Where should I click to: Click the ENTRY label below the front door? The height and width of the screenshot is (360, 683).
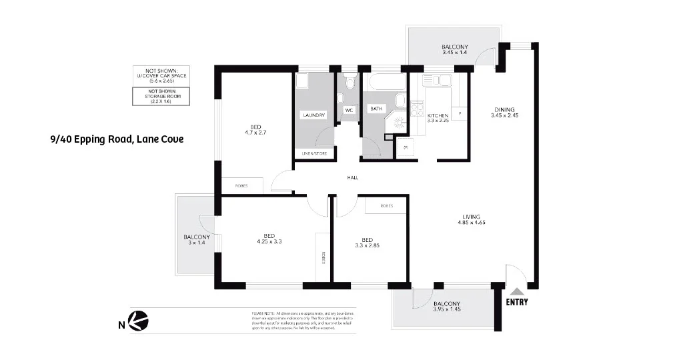click(x=517, y=302)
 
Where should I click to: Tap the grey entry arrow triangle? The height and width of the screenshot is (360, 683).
click(x=516, y=291)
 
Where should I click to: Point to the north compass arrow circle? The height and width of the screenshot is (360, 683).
click(x=139, y=321)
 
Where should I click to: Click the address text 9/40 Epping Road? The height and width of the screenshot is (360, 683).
click(x=117, y=139)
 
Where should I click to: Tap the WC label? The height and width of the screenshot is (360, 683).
click(x=348, y=110)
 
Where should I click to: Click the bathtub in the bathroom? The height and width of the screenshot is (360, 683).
click(x=386, y=82)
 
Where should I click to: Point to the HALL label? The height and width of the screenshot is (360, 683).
click(x=353, y=178)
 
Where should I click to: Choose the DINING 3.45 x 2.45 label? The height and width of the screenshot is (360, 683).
click(x=504, y=113)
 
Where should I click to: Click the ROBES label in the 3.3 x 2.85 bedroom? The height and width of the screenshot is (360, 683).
click(x=386, y=206)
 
